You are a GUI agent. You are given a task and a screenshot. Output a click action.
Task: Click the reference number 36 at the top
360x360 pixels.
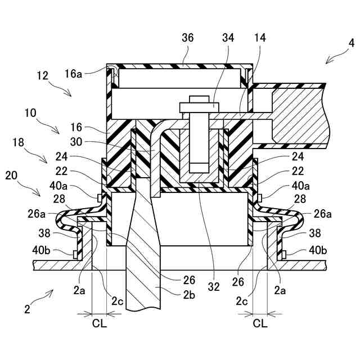(x=187, y=38)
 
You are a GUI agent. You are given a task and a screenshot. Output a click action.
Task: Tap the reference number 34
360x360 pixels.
(x=228, y=38)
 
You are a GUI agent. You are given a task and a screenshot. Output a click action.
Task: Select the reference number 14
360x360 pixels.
(x=260, y=38)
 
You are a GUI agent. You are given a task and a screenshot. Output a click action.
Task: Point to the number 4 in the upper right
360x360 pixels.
(x=351, y=43)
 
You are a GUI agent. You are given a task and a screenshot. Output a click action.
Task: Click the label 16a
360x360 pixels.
(x=73, y=74)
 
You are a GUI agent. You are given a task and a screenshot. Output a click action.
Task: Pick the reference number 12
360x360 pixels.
(x=43, y=75)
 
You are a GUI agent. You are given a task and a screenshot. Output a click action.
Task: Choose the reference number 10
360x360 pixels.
(x=30, y=113)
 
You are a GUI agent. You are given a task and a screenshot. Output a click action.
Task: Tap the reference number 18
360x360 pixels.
(x=19, y=142)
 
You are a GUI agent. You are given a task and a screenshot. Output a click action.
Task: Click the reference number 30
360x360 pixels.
(x=76, y=142)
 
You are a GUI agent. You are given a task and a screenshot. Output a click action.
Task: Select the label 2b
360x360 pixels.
(x=189, y=295)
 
